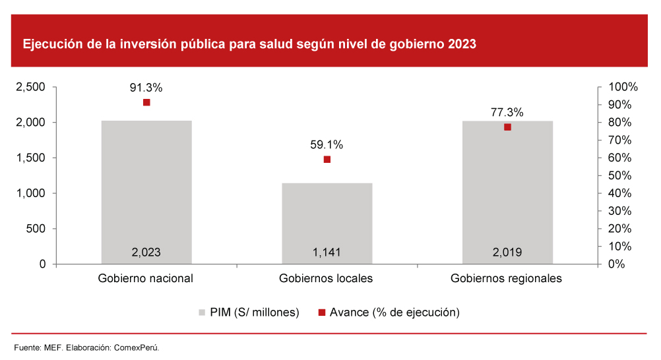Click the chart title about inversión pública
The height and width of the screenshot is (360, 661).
[249, 45]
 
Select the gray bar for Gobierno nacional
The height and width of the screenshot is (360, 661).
[146, 191]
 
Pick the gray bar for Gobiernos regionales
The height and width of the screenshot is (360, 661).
[507, 191]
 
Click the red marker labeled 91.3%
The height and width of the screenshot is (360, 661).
[146, 102]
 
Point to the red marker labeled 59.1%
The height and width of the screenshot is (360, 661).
[327, 159]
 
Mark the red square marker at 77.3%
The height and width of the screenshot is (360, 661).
[507, 127]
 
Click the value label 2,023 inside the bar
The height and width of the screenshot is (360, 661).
[146, 252]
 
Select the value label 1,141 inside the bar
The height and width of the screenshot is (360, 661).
[327, 252]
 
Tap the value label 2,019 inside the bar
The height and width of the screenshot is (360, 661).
[507, 252]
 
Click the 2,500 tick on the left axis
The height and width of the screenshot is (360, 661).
[30, 87]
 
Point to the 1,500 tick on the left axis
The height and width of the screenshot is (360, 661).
[30, 158]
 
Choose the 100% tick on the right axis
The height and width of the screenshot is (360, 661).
[623, 87]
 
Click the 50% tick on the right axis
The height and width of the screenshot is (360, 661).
[621, 175]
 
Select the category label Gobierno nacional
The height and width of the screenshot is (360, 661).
[146, 278]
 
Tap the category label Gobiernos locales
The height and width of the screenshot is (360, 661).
[327, 278]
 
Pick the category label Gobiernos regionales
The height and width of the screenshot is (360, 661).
[507, 278]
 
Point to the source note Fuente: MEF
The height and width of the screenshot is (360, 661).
[87, 347]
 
